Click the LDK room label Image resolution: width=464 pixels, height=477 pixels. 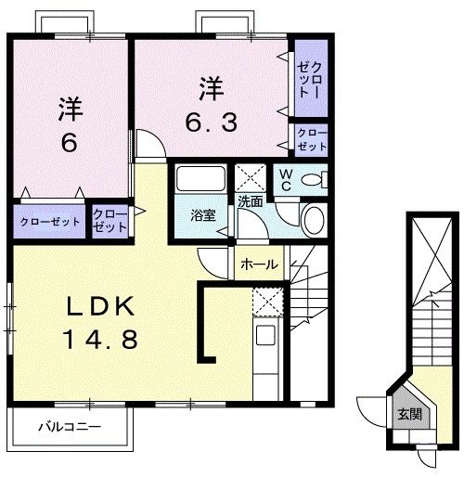(x=101, y=307)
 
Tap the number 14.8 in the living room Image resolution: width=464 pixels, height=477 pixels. (x=101, y=339)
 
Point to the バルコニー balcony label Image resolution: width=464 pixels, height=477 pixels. (x=69, y=428)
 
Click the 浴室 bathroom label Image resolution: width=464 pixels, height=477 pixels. (x=203, y=215)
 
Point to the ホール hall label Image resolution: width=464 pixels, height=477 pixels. (x=258, y=264)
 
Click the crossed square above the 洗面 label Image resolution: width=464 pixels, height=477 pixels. (x=250, y=176)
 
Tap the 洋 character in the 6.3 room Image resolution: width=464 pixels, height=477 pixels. (x=210, y=91)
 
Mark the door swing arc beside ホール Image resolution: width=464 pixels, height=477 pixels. (x=215, y=261)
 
